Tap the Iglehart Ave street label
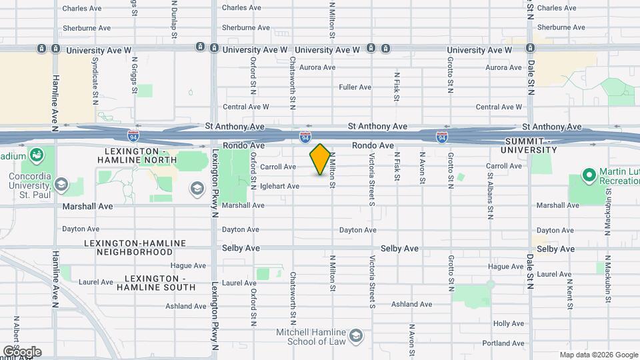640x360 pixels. pyautogui.click(x=279, y=187)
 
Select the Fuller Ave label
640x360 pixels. pyautogui.click(x=355, y=87)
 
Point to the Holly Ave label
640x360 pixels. pyautogui.click(x=509, y=323)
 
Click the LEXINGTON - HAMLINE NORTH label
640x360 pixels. pyautogui.click(x=137, y=155)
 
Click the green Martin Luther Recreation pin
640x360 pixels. pyautogui.click(x=588, y=175)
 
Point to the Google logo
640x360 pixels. pyautogui.click(x=21, y=351)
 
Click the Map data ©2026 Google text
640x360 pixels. pyautogui.click(x=598, y=355)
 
